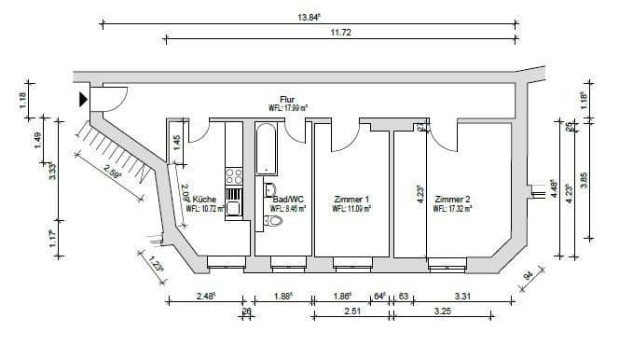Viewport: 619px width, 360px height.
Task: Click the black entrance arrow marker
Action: [x=84, y=98]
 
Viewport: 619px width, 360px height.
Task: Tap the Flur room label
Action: [x=287, y=99]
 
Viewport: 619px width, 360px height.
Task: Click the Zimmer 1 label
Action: [x=351, y=200]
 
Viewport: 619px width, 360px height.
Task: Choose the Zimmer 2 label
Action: [x=452, y=200]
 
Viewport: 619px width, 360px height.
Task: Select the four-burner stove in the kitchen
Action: [x=234, y=174]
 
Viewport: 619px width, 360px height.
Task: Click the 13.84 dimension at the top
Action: [x=309, y=17]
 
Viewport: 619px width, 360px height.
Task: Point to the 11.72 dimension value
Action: [x=339, y=33]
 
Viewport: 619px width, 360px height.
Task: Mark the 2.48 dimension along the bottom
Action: [x=206, y=297]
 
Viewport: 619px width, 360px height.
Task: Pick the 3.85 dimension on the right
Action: [x=584, y=180]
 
